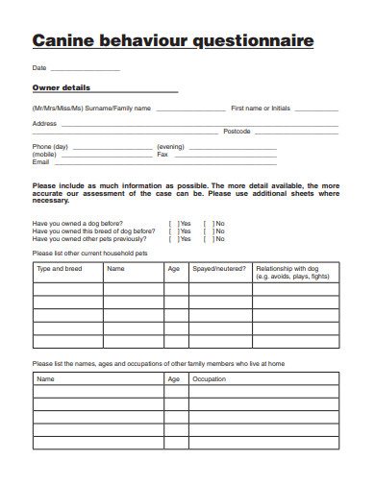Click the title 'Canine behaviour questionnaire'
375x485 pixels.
pyautogui.click(x=173, y=41)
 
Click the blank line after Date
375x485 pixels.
pyautogui.click(x=85, y=70)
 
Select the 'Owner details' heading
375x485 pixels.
pyautogui.click(x=62, y=87)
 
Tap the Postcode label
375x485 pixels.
pyautogui.click(x=237, y=131)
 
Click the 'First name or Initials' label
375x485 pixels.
pyautogui.click(x=261, y=109)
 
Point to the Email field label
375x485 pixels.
pyautogui.click(x=40, y=161)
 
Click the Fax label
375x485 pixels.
pyautogui.click(x=162, y=154)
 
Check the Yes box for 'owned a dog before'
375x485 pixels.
pyautogui.click(x=172, y=223)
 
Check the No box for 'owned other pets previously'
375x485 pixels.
pyautogui.click(x=206, y=238)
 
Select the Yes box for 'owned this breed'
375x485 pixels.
pyautogui.click(x=172, y=230)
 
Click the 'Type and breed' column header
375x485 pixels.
pyautogui.click(x=60, y=269)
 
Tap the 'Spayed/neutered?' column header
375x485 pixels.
pyautogui.click(x=219, y=269)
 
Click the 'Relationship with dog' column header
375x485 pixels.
pyautogui.click(x=293, y=269)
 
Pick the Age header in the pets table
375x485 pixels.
pyautogui.click(x=174, y=269)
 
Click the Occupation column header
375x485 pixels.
pyautogui.click(x=209, y=379)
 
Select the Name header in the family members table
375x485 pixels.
pyautogui.click(x=46, y=379)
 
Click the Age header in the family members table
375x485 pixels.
pyautogui.click(x=174, y=379)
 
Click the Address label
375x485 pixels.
pyautogui.click(x=44, y=124)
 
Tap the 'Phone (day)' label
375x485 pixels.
pyautogui.click(x=50, y=146)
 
